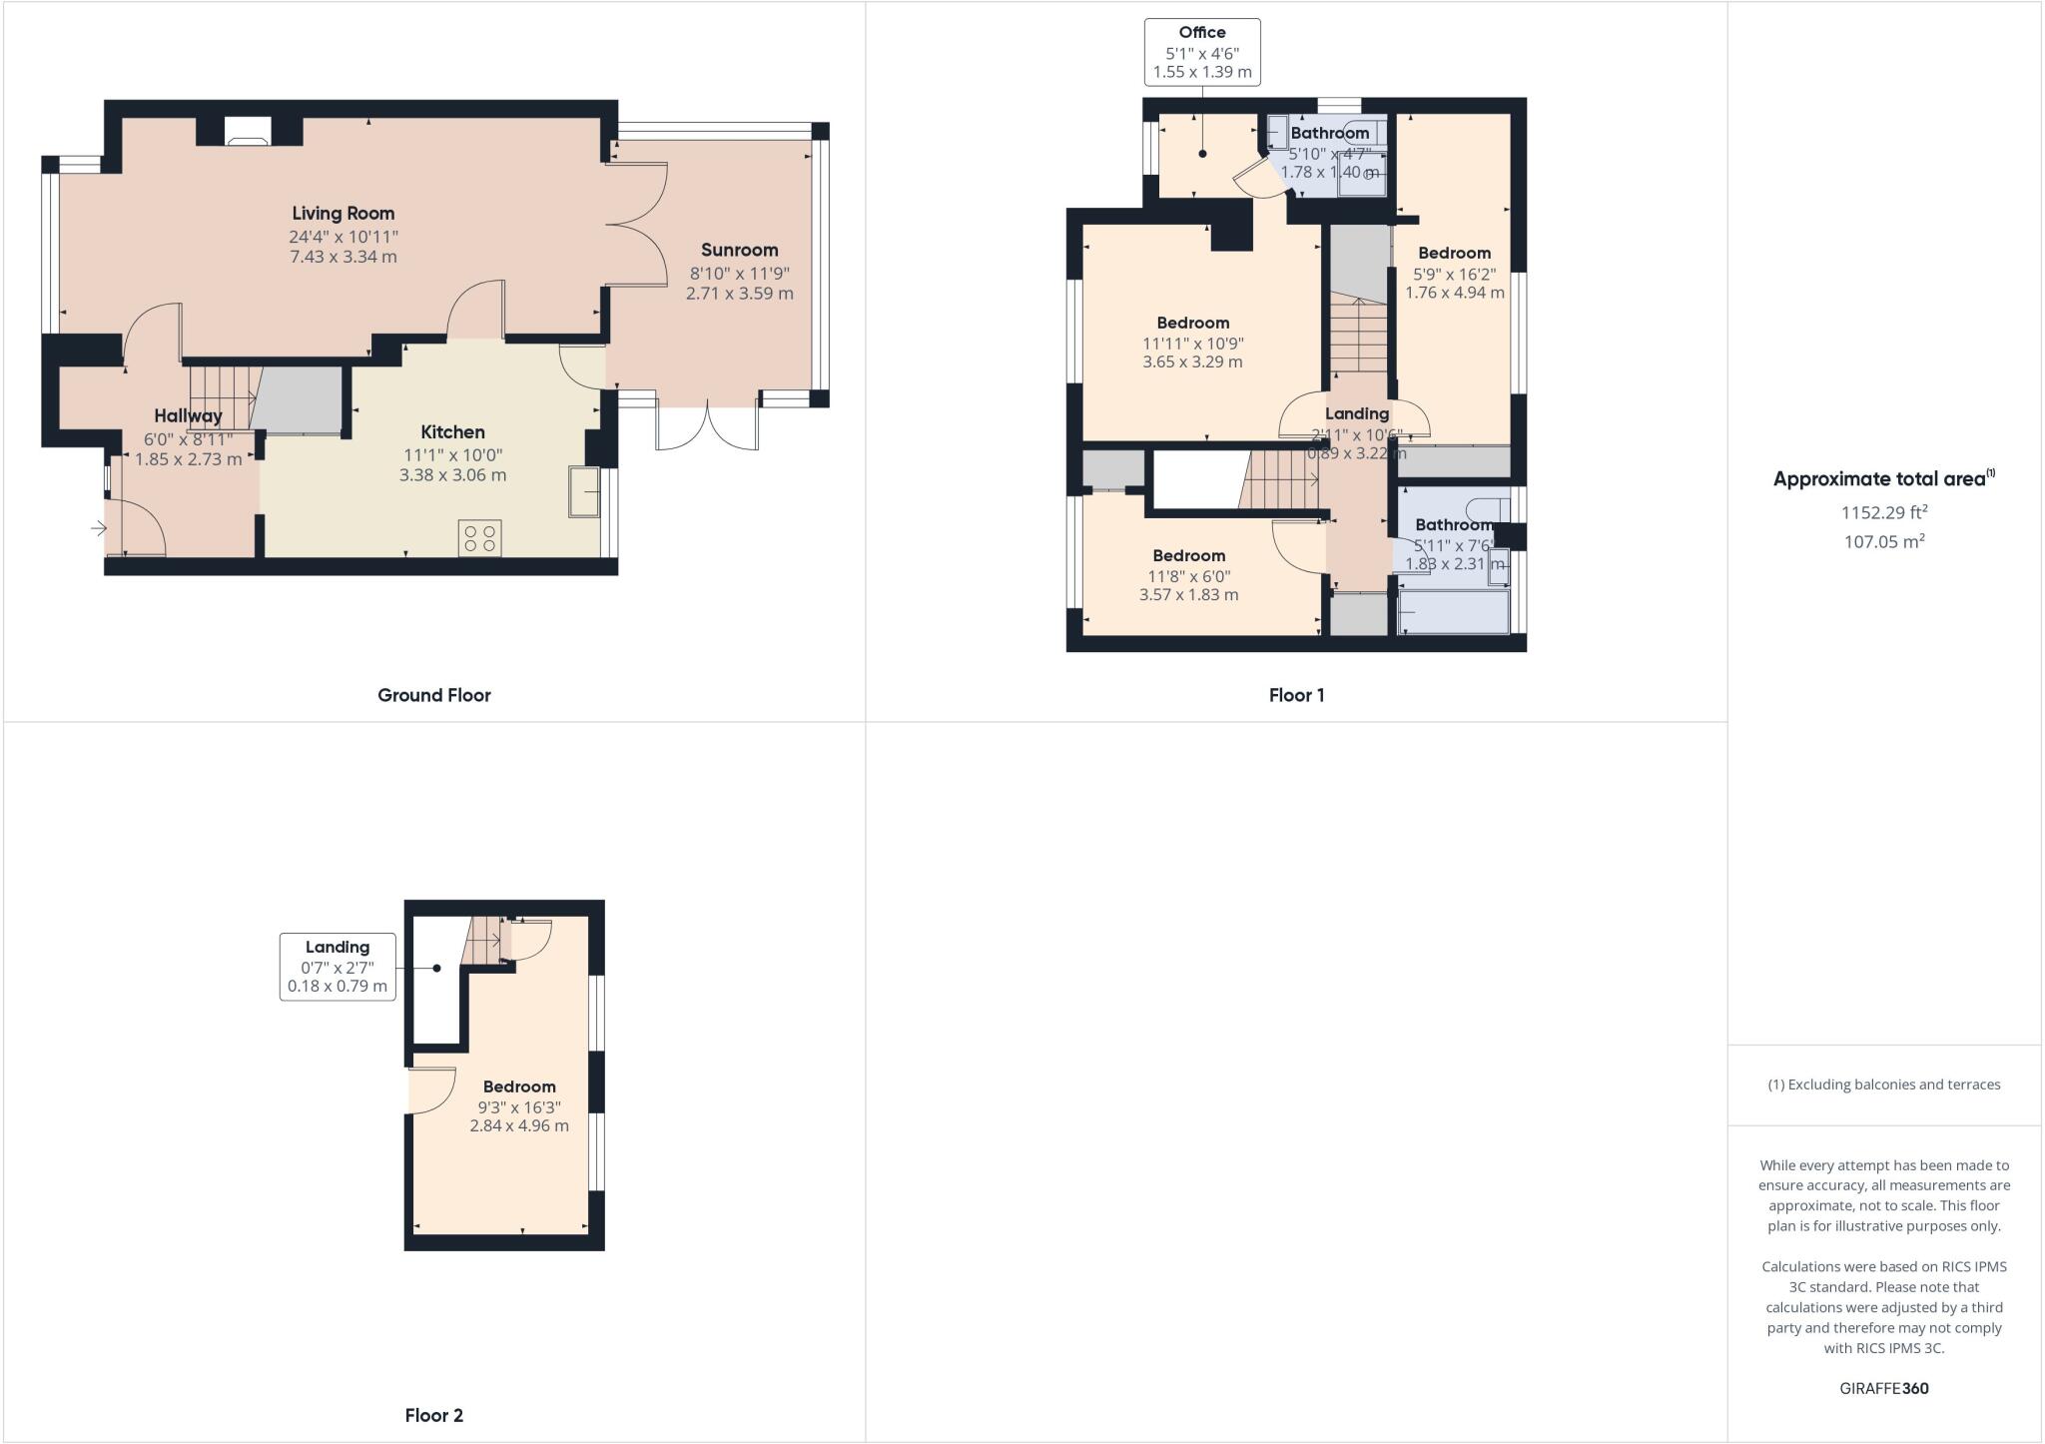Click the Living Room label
(x=342, y=213)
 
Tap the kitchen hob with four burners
(x=479, y=538)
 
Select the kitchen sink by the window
(x=584, y=491)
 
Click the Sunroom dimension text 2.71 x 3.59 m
(x=739, y=294)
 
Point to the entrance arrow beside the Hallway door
(x=99, y=528)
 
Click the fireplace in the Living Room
(x=247, y=132)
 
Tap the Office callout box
(x=1201, y=52)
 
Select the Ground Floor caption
(x=433, y=695)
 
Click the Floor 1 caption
(x=1296, y=695)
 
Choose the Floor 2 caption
(x=433, y=1415)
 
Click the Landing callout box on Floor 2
(x=338, y=967)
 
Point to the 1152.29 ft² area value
(x=1883, y=512)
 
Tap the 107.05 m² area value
(x=1883, y=541)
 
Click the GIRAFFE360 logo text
(x=1883, y=1388)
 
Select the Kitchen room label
(x=452, y=431)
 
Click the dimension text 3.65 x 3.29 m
(x=1192, y=361)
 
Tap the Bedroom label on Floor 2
(x=519, y=1086)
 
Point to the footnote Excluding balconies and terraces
(x=1883, y=1084)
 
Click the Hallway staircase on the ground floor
(x=222, y=397)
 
